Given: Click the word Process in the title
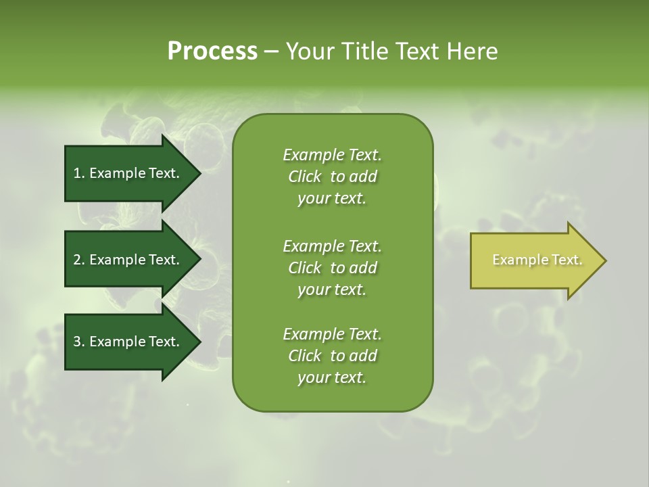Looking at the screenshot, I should pos(212,51).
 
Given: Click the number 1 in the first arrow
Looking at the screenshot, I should pos(77,173).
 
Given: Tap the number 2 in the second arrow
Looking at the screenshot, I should pos(77,260).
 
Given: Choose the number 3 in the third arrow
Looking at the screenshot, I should pos(77,342).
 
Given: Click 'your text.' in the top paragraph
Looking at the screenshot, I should pos(332,199).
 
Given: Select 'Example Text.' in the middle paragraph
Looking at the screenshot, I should pos(332,246).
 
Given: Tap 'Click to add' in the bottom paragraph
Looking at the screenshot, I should pos(332,356).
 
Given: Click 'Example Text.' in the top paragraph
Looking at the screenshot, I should pos(332,155).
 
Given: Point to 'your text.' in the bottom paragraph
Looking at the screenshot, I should pos(332,378).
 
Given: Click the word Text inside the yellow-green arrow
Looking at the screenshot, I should pos(567,260).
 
